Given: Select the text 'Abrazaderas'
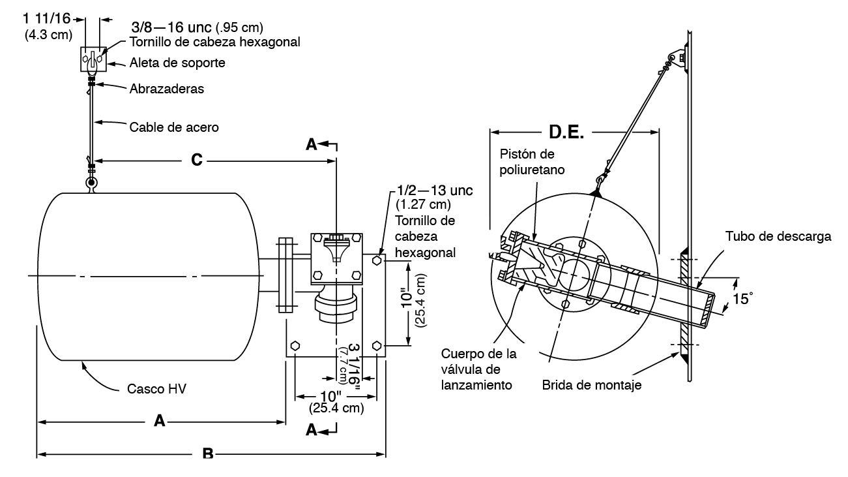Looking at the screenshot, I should point(167,89).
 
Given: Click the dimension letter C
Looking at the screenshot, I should point(196,161).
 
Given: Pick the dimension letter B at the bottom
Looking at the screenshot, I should point(208,454).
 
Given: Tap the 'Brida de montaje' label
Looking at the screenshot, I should point(592,385).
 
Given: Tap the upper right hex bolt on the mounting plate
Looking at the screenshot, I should point(377,260).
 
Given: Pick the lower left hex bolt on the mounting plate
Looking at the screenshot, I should point(295,346).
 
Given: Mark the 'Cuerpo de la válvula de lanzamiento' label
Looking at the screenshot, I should point(479,370).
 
